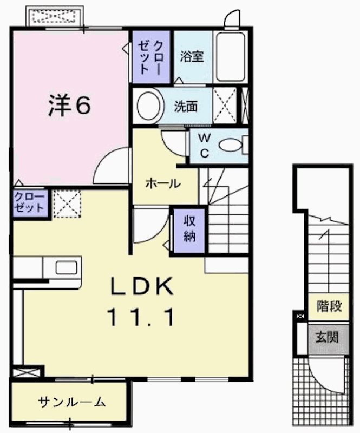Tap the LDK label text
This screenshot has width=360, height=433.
pyautogui.click(x=143, y=286)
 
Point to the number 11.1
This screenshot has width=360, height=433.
pyautogui.click(x=143, y=318)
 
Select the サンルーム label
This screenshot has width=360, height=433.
pyautogui.click(x=71, y=402)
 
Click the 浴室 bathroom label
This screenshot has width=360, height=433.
pyautogui.click(x=192, y=56)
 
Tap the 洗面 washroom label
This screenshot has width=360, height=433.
pyautogui.click(x=186, y=106)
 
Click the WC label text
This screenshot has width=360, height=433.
pyautogui.click(x=205, y=145)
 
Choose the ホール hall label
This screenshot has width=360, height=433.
pyautogui.click(x=162, y=183)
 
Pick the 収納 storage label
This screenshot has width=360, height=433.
pyautogui.click(x=188, y=228)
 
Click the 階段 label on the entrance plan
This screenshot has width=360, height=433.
pyautogui.click(x=329, y=306)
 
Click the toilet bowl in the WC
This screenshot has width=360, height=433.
pyautogui.click(x=232, y=145)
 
